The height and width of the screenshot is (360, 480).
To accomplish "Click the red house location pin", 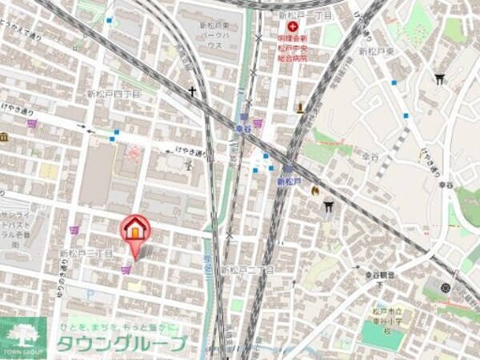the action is pyautogui.click(x=134, y=230).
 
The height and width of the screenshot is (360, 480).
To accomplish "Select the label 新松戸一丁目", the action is pyautogui.click(x=306, y=16).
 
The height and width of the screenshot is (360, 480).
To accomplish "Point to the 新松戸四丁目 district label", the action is pyautogui.click(x=113, y=94).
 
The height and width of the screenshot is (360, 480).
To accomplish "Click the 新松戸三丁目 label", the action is pyautogui.click(x=86, y=253).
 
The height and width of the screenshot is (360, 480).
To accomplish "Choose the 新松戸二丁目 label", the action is pyautogui.click(x=247, y=270).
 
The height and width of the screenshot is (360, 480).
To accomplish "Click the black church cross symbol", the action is pyautogui.click(x=192, y=91).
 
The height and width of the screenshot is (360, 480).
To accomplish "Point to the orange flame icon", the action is pyautogui.click(x=315, y=192).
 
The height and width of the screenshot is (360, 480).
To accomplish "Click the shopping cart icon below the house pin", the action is pyautogui.click(x=126, y=270).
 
